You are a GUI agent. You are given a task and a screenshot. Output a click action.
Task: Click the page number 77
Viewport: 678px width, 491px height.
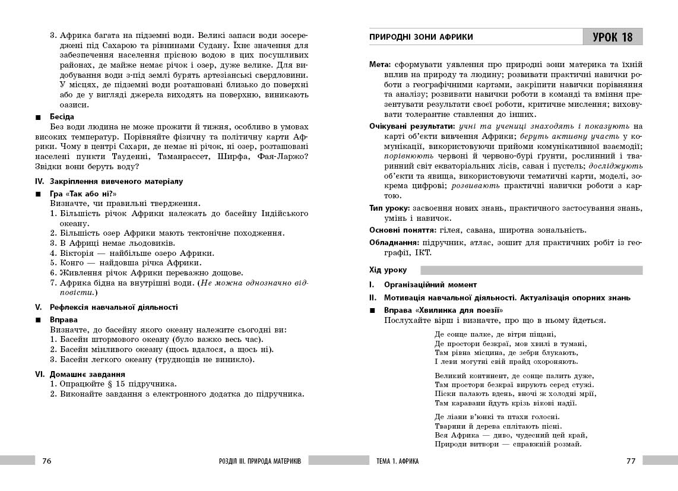coord(631,461)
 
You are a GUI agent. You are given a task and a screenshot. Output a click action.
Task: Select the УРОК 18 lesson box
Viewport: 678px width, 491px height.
coord(612,37)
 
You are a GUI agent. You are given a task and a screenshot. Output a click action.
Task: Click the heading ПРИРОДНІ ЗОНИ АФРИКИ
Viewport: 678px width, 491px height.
coord(421,37)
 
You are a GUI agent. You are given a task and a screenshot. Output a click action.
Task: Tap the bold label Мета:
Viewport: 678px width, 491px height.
coord(380,64)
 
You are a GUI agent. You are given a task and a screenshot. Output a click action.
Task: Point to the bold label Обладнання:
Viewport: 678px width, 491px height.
coord(394,242)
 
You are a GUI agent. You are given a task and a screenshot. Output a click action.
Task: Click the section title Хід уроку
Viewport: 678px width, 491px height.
coord(388,270)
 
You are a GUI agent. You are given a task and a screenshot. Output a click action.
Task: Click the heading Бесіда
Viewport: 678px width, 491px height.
coord(62,116)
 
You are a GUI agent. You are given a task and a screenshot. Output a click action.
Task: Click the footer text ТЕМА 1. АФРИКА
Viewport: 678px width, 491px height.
coord(397,461)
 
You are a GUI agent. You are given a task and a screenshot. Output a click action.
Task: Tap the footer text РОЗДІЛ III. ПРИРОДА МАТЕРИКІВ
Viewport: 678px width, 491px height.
coord(260,461)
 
